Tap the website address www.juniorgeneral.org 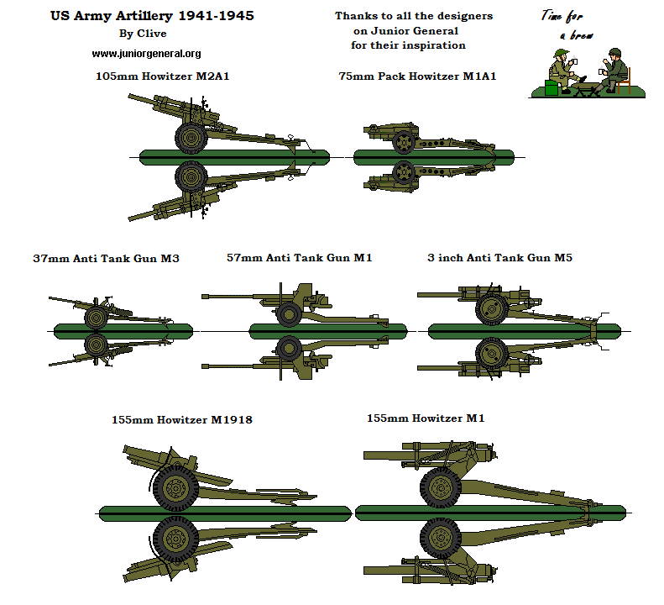pos(146,54)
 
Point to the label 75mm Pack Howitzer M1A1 pos(417,76)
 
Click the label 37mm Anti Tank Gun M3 pos(105,259)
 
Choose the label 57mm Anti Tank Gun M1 pos(299,258)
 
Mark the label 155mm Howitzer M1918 pos(181,419)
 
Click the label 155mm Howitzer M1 pos(426,418)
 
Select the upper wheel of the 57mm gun pos(289,314)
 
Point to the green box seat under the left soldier pos(552,87)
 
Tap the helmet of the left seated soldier pos(558,54)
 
